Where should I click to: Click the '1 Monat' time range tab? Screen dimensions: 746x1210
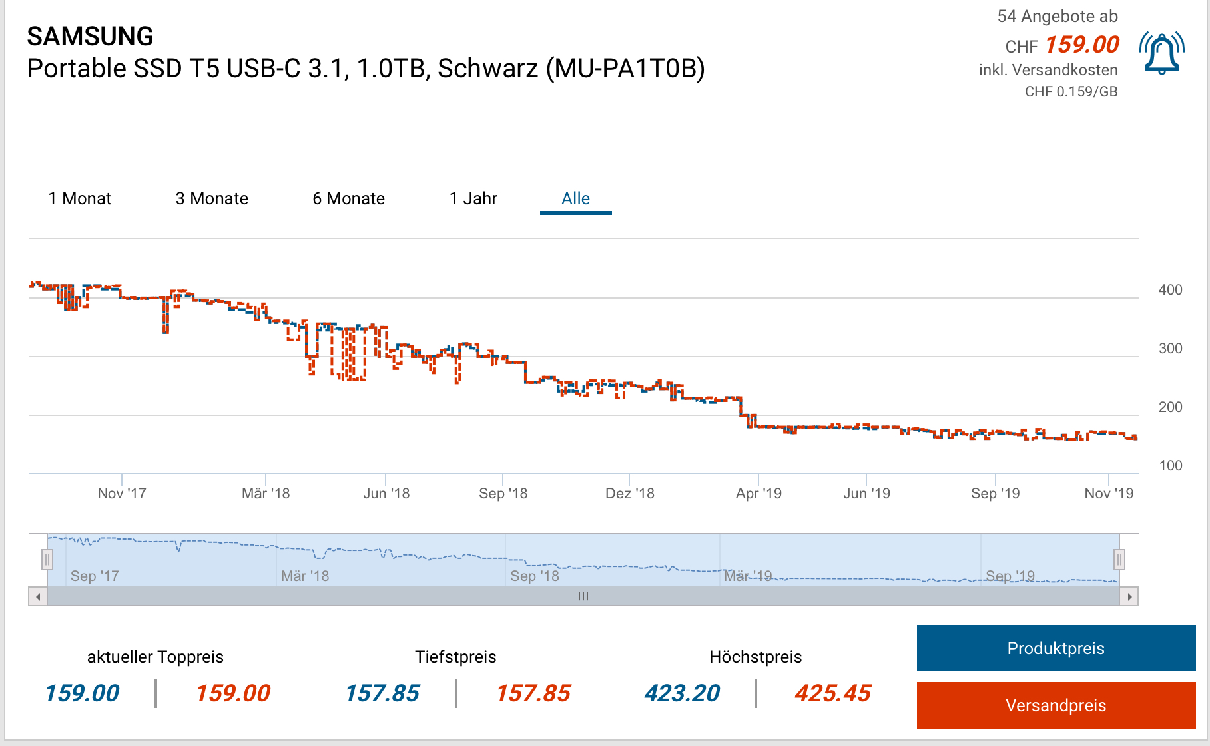coord(79,198)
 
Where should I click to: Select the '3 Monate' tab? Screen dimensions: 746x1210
coord(212,198)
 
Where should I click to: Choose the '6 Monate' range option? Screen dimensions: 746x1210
coord(348,198)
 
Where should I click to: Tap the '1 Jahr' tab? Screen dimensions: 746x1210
coord(473,198)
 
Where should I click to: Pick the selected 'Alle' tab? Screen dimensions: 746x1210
coord(575,198)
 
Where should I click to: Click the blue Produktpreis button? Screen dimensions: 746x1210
coord(1056,648)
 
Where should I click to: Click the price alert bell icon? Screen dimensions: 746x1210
coord(1161,53)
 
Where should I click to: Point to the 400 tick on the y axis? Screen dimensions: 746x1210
coord(1170,290)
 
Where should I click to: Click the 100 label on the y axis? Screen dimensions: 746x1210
coord(1170,466)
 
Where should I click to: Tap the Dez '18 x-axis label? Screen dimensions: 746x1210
coord(629,494)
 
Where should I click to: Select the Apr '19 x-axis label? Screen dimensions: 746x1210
coord(758,494)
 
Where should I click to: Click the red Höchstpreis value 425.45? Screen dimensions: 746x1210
coord(832,693)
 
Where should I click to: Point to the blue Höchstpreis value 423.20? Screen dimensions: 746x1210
coord(682,693)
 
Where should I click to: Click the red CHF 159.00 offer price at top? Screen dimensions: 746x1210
coord(1082,45)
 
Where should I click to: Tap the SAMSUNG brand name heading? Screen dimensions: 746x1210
coord(90,36)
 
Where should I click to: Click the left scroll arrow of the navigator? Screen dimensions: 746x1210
coord(38,596)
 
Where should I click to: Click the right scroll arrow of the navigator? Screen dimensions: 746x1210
coord(1129,596)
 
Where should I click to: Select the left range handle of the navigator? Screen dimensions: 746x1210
coord(47,560)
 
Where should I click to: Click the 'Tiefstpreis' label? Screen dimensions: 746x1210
coord(455,657)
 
